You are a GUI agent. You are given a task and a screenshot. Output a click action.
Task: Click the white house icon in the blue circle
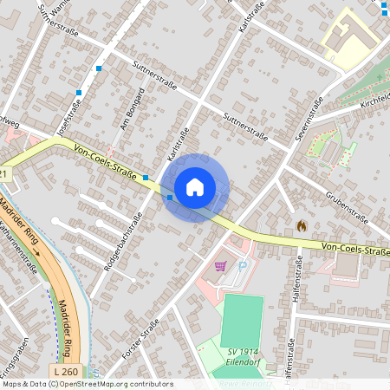(x=195, y=186)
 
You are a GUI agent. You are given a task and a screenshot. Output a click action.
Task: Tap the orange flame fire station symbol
(x=301, y=224)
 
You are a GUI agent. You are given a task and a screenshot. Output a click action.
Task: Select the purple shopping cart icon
(x=220, y=266)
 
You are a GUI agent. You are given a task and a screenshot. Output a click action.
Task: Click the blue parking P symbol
(x=243, y=267)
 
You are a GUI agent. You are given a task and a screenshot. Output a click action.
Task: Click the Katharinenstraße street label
(x=19, y=244)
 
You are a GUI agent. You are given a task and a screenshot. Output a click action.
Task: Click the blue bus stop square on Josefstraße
(x=79, y=92)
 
